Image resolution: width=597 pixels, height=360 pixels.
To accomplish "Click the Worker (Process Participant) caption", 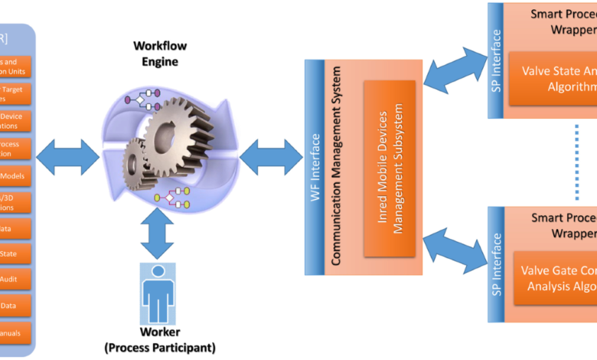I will [160, 339].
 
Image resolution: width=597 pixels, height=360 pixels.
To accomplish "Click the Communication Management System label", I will [335, 167].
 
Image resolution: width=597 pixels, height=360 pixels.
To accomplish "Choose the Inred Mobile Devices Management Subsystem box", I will [389, 169].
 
